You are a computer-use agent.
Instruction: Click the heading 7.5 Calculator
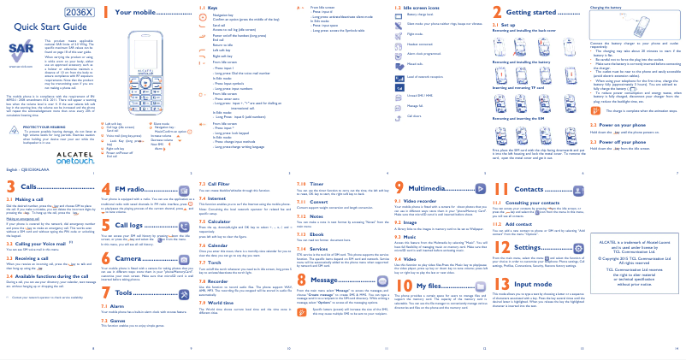pos(214,221)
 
